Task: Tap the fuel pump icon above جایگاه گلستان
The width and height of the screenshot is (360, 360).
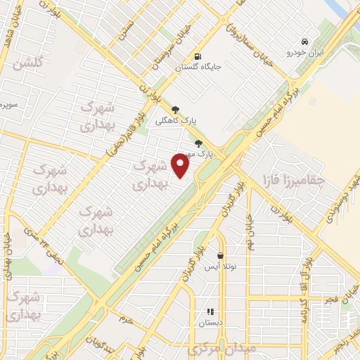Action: coord(198,56)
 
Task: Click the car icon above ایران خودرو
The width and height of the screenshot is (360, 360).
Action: coord(304,41)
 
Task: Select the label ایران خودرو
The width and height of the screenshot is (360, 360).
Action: coord(304,53)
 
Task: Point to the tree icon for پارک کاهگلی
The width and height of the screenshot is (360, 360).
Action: coord(175,109)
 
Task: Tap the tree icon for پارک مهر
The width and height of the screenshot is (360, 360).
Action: coord(198,143)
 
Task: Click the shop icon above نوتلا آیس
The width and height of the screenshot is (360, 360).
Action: coord(221,256)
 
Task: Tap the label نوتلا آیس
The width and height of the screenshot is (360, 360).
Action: coord(220,267)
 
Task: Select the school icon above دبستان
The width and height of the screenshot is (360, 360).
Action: coord(210,311)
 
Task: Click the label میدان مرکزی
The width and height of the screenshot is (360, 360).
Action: coord(222,349)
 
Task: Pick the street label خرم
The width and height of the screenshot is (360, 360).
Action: coord(126,319)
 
